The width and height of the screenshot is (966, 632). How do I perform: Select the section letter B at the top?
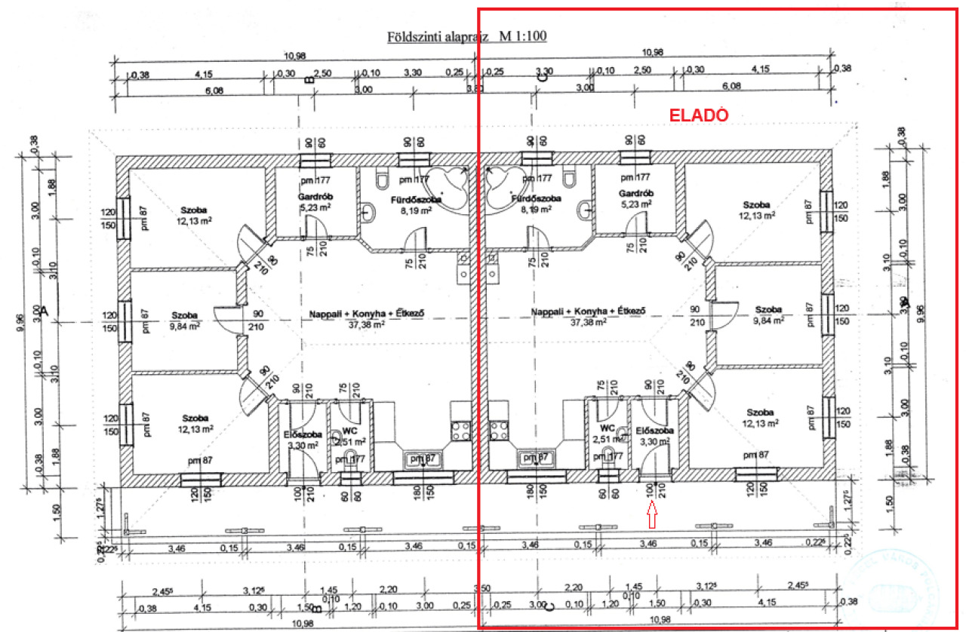(x=308, y=78)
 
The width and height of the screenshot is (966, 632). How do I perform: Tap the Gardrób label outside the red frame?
(x=311, y=195)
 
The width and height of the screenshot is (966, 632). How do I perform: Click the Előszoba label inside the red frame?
(x=654, y=431)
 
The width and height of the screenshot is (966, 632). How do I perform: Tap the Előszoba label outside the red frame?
(x=303, y=434)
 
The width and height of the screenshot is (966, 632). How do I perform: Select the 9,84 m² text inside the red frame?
(x=768, y=320)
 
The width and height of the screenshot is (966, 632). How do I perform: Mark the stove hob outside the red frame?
(x=460, y=431)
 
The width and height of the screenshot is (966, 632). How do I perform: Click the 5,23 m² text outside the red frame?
(x=315, y=206)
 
